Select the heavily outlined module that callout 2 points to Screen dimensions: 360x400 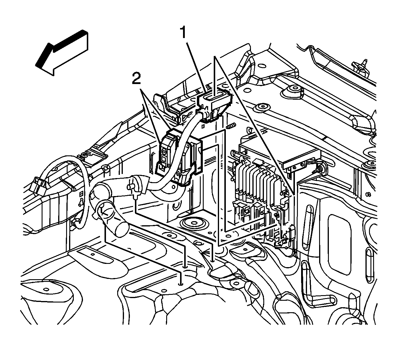point(168,153)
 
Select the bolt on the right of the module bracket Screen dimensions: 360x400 point(322,168)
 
